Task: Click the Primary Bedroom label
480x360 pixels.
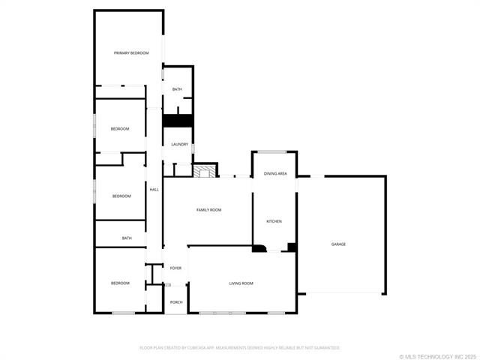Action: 131,53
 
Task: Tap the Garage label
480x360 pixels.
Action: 339,244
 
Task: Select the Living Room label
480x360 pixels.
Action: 241,283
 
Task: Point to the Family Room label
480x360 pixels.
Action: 209,210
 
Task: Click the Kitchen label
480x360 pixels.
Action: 274,221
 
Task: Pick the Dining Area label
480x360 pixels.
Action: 275,174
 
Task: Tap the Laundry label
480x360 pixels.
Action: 179,145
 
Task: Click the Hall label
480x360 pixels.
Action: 154,190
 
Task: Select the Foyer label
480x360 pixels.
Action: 176,268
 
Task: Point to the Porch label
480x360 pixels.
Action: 176,302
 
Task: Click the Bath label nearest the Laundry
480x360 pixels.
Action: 177,89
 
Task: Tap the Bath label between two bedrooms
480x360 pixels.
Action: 127,238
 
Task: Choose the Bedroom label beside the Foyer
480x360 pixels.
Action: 120,283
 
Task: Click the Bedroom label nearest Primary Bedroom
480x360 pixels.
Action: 120,129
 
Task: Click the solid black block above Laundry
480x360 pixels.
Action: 178,120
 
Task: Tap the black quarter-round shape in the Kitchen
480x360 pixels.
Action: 259,248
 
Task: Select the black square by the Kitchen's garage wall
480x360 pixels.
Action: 292,247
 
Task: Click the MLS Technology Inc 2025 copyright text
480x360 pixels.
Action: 439,356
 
